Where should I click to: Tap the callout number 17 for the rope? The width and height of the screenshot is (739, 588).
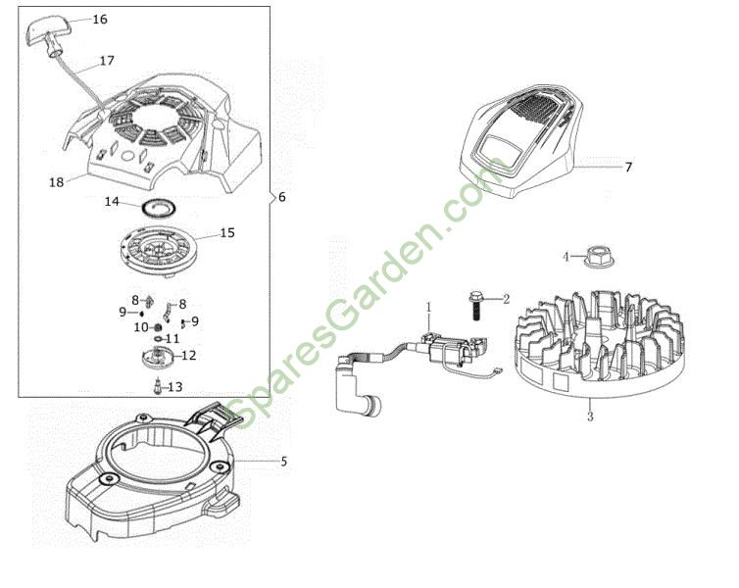coord(107,61)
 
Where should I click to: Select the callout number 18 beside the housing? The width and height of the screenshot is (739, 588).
coord(56,182)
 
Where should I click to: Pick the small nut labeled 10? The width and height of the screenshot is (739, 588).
coord(158,327)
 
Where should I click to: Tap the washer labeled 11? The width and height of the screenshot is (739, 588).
coord(158,339)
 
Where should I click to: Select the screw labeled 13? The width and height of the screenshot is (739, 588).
coord(158,386)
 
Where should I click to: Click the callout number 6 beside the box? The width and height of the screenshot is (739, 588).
coord(282,197)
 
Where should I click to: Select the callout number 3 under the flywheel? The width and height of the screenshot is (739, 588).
coord(590,416)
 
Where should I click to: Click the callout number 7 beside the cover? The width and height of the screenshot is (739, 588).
coord(628,168)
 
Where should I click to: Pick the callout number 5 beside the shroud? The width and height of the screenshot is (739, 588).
coord(283,462)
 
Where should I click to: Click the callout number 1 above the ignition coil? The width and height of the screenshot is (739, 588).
coord(429,307)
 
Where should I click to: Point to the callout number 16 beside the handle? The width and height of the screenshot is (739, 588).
coord(100,20)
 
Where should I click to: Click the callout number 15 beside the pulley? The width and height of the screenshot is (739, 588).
coord(227,233)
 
